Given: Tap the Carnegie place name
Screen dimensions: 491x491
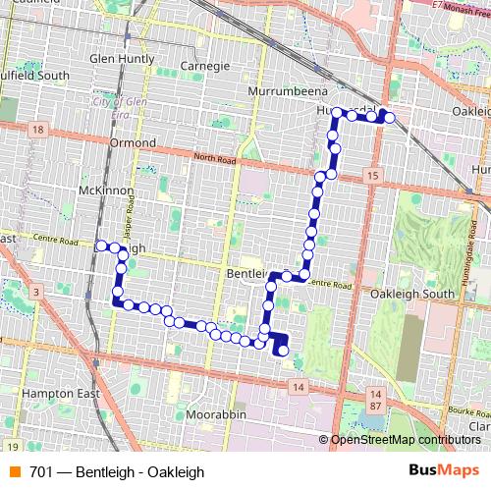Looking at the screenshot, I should pyautogui.click(x=205, y=67).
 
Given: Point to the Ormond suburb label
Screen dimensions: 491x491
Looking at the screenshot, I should pyautogui.click(x=133, y=142).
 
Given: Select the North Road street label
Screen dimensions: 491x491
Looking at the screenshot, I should pyautogui.click(x=215, y=157).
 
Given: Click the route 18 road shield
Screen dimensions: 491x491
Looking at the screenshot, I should pyautogui.click(x=38, y=130).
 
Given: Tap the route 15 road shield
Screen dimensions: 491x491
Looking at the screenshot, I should pyautogui.click(x=370, y=175).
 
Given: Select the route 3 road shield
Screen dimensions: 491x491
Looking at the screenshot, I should pyautogui.click(x=35, y=292).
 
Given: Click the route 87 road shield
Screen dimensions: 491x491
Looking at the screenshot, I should pyautogui.click(x=376, y=406).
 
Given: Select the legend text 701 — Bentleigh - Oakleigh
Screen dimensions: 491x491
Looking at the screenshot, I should pyautogui.click(x=117, y=471).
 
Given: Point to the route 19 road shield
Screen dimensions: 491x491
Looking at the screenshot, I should pyautogui.click(x=11, y=445).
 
